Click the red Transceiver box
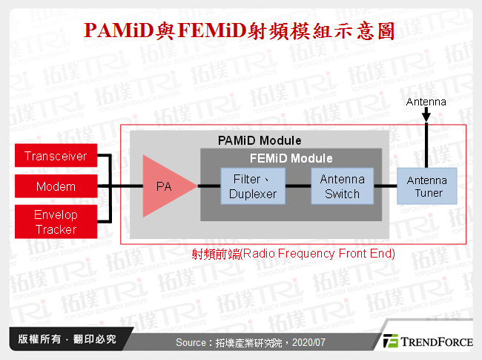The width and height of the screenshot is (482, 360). [x=56, y=157]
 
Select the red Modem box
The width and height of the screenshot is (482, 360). [x=56, y=186]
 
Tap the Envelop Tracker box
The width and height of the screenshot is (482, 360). [x=56, y=223]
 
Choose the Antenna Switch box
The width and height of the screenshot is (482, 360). [x=342, y=186]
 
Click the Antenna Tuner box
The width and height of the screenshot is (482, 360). [x=426, y=186]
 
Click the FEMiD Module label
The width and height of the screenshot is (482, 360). [x=291, y=158]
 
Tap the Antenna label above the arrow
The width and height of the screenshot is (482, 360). [x=426, y=102]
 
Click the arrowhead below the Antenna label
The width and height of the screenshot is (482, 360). [x=426, y=117]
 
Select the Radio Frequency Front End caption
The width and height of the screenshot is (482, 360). [x=293, y=254]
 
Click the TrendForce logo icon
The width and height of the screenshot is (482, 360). [x=390, y=341]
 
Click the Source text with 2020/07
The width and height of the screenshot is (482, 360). [x=251, y=342]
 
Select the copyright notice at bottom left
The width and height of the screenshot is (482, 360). [x=67, y=339]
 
